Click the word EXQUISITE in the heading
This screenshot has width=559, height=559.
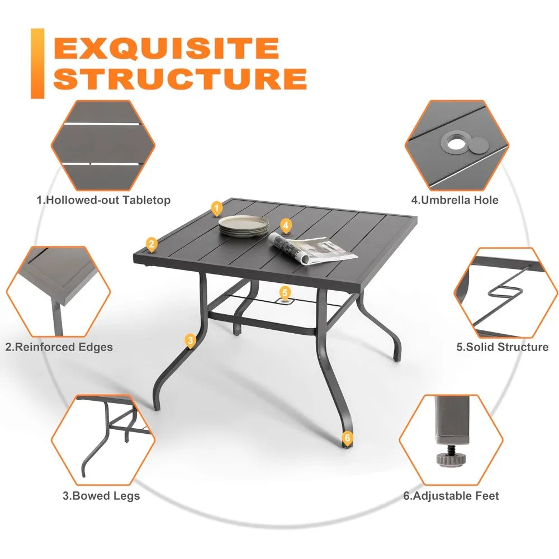166,49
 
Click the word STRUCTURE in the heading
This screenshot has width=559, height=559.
181,78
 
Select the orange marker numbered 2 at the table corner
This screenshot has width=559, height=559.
152,245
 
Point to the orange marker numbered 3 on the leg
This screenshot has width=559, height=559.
191,341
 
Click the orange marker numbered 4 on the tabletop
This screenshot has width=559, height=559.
286,226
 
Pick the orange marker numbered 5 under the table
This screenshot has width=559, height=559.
285,293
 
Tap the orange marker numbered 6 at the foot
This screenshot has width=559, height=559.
347,438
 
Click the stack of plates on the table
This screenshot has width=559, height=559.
244,226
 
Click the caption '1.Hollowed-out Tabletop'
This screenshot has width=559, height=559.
103,200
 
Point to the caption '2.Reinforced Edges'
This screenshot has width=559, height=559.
59,347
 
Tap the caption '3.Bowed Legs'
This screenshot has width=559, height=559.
101,496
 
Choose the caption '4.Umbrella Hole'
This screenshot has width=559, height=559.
454,200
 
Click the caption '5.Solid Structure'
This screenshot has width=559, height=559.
503,347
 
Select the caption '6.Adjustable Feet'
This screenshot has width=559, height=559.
451,496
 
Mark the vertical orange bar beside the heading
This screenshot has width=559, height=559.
37,64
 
